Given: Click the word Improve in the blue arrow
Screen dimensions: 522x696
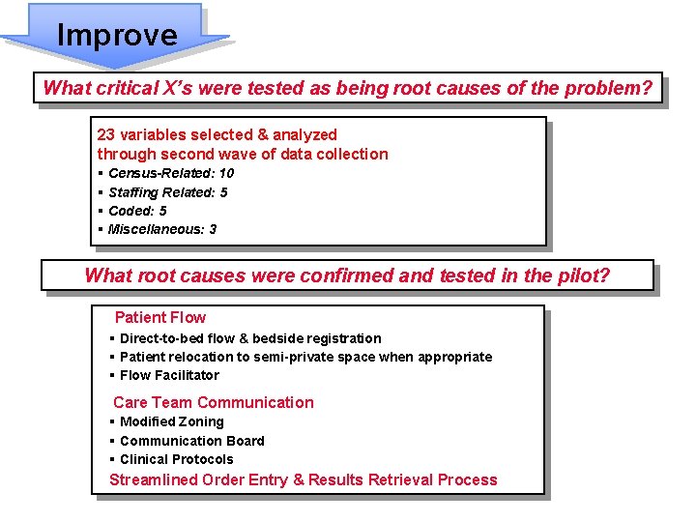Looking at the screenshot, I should point(117,36).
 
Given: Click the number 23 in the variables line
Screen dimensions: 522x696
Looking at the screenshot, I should point(106,134).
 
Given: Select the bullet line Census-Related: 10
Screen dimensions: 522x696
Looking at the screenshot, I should point(170,173).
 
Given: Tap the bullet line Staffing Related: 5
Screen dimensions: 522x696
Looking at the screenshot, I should point(167,192).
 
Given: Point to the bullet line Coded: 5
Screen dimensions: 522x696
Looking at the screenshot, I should point(137,211).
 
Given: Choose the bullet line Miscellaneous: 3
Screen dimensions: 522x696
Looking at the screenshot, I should point(161,229).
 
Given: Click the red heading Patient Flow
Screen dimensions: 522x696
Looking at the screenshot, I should point(159,317).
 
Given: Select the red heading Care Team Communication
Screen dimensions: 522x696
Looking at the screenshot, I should point(213,402).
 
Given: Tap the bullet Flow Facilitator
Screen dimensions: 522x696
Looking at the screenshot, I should point(169,375).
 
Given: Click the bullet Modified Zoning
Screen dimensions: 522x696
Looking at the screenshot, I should point(171,421).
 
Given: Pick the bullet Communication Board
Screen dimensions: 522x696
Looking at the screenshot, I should point(191,441).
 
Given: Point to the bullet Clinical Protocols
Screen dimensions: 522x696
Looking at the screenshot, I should point(176,459).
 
